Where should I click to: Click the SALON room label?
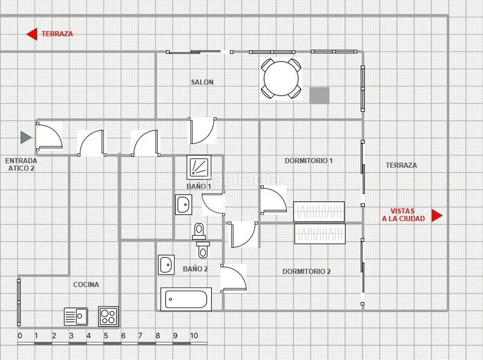pos(202,82)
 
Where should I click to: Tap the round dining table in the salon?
pos(281,79)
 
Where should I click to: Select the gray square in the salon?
pos(319,95)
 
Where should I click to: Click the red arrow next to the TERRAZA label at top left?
pos(32,34)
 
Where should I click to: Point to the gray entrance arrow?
pos(26,138)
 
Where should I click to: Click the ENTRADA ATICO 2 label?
pos(21,164)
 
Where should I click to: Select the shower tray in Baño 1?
pos(199,167)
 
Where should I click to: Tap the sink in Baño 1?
pos(184,204)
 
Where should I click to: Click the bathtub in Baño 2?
pos(186,299)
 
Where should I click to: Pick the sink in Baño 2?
pos(166,265)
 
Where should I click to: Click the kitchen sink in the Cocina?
pos(76,317)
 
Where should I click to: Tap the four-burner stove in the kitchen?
pos(108,317)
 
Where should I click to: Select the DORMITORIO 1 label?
pos(309,161)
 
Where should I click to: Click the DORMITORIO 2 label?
pos(307,272)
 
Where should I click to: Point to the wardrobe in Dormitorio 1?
pos(319,212)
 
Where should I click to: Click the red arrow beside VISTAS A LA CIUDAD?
pos(437,216)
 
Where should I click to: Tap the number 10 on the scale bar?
pos(194,336)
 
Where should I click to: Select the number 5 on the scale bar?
pos(106,336)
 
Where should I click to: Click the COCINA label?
pos(86,284)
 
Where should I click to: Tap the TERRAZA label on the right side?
pos(401,166)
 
